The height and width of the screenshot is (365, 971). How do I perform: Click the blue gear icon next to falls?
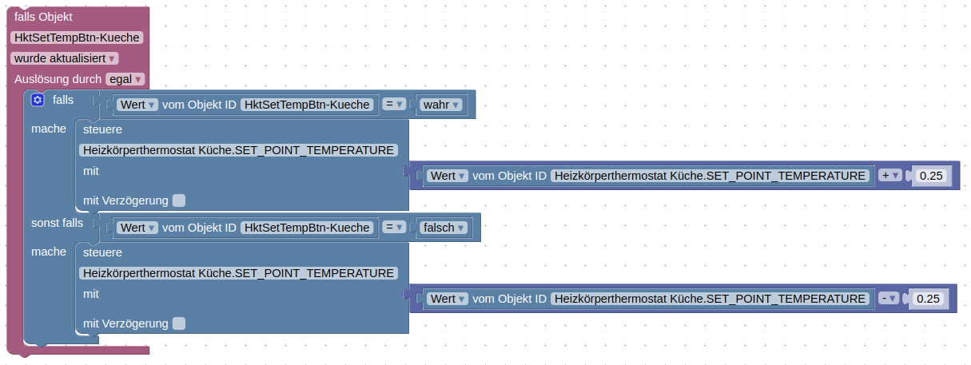tap(37, 100)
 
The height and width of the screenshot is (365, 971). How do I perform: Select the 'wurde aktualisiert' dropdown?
tap(65, 58)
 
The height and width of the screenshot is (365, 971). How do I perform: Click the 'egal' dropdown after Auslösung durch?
tap(125, 79)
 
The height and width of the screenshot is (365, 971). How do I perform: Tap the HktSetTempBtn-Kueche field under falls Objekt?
tap(77, 38)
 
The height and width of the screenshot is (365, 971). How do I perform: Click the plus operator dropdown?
tap(889, 176)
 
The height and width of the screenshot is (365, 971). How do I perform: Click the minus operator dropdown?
tap(889, 299)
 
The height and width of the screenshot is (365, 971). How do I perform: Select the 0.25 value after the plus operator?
tap(929, 176)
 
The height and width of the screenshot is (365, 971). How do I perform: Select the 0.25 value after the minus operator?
tap(928, 299)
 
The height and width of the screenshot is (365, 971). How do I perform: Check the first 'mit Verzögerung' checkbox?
tap(179, 200)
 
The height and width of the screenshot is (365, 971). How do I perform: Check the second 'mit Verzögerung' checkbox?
tap(179, 323)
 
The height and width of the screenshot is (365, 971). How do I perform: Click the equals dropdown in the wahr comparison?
tap(394, 105)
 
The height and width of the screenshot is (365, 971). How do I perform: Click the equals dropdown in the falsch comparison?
tap(394, 228)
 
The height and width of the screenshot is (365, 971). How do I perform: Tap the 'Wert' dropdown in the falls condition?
tap(137, 105)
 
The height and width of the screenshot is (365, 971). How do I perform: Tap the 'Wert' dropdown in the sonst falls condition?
tap(137, 228)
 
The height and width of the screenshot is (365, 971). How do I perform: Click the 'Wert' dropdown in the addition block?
tap(448, 176)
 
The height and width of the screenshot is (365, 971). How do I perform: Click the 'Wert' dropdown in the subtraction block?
tap(448, 299)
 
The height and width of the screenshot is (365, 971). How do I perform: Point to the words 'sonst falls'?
tap(57, 223)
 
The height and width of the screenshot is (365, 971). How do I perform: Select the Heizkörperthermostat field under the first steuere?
tap(239, 150)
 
